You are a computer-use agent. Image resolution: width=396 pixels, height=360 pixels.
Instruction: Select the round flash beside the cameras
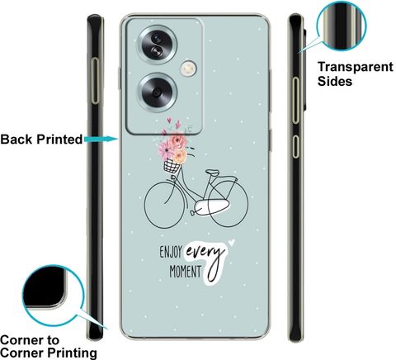coord(188,69)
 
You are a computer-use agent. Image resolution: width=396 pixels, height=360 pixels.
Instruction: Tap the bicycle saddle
coord(213,173)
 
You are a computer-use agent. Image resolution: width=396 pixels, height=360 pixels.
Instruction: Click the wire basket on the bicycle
coord(172,166)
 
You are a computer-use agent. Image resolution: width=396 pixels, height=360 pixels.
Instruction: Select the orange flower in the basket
coord(180,156)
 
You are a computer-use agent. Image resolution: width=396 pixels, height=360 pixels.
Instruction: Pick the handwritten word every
coord(205,252)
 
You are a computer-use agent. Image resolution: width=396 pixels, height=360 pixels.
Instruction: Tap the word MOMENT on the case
coord(185,272)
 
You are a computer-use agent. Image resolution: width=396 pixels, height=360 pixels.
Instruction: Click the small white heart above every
coord(232,242)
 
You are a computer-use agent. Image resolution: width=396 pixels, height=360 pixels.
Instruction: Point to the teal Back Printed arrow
coord(101,139)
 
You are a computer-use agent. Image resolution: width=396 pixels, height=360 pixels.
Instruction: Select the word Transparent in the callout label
coord(356,67)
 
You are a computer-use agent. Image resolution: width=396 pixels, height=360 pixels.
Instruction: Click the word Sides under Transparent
coord(335,81)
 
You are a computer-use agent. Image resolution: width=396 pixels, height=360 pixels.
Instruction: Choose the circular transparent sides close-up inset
coord(342,26)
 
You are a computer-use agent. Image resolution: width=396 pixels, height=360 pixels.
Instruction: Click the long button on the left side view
coord(95,81)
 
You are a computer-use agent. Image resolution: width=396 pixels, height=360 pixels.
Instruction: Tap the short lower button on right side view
coord(295,146)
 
